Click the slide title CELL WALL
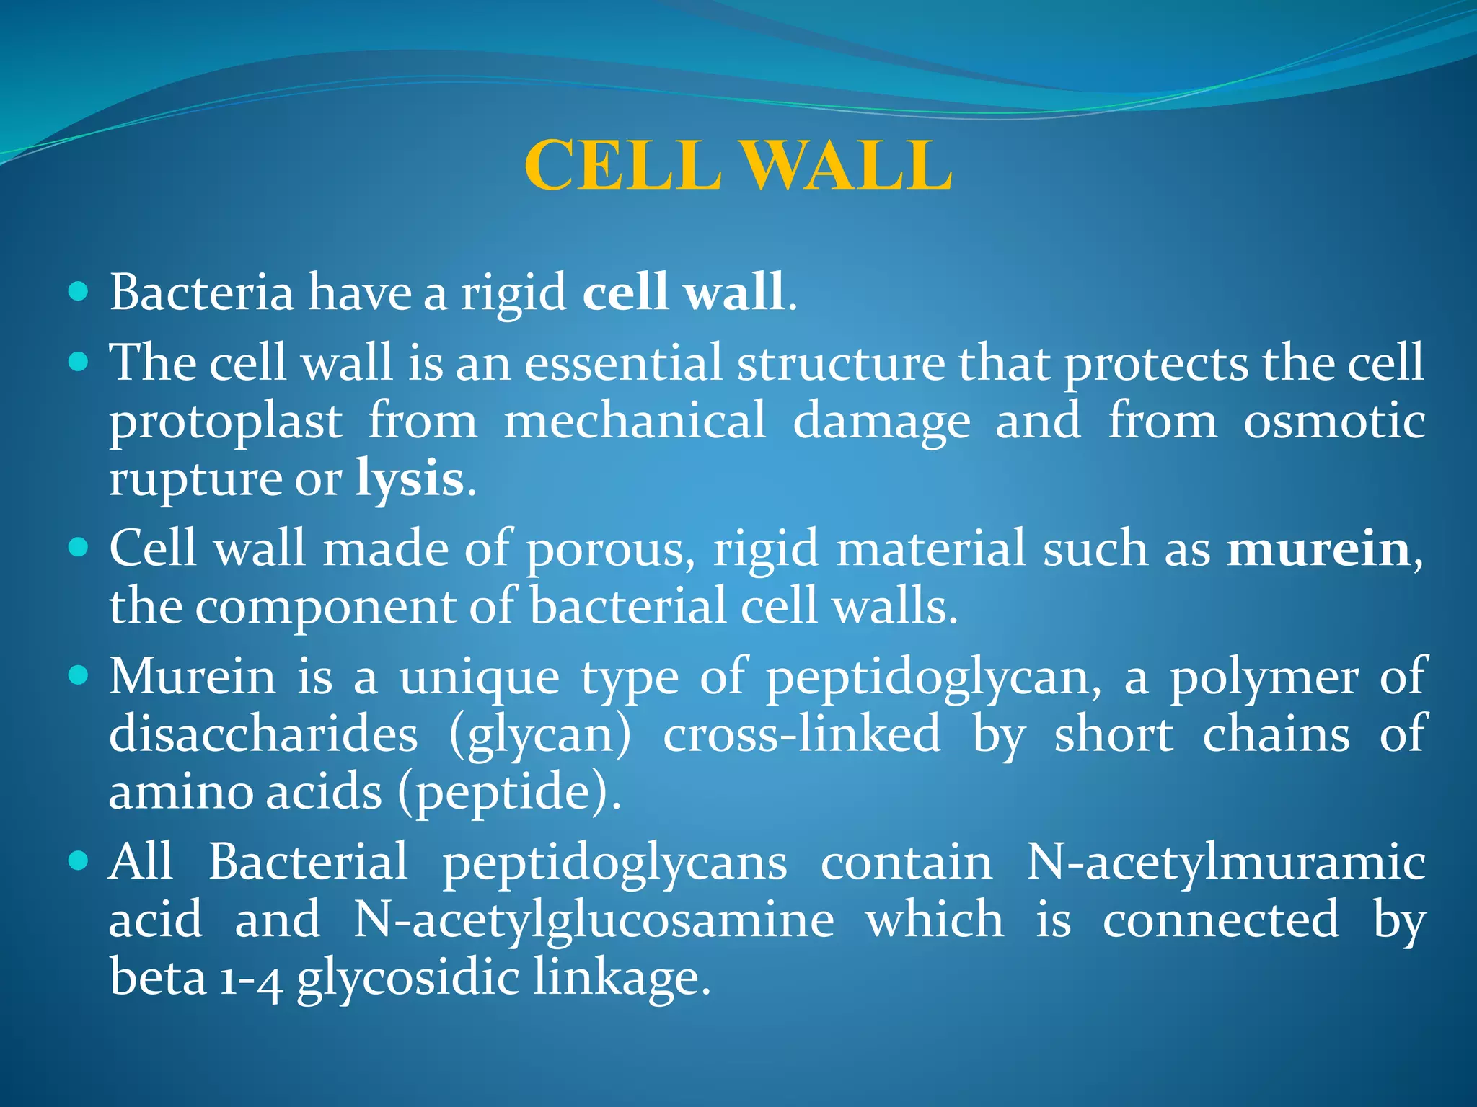(738, 166)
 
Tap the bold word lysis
(409, 479)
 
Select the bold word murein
(1318, 549)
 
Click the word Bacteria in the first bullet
(202, 293)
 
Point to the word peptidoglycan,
(934, 679)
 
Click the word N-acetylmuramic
(1225, 863)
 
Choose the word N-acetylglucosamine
(594, 920)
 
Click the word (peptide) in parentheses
(508, 793)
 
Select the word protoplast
(226, 422)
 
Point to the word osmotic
(1334, 421)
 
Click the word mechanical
(635, 421)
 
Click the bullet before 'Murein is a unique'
(78, 676)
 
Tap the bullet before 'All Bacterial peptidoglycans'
(78, 861)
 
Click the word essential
(623, 363)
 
